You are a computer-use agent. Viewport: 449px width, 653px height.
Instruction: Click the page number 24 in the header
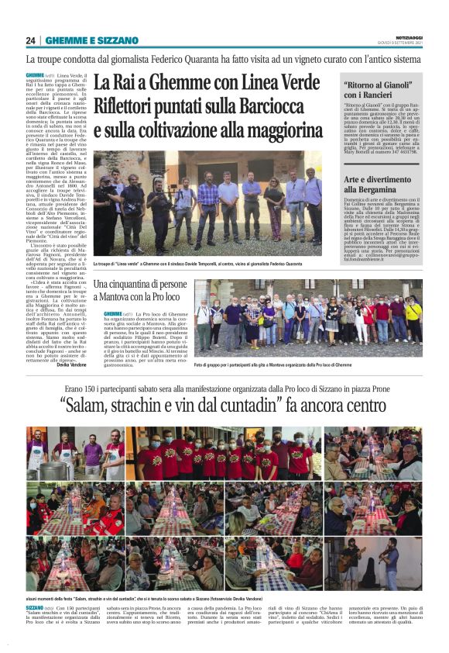coord(31,40)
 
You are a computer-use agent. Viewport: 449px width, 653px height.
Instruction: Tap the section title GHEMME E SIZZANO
coord(92,40)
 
